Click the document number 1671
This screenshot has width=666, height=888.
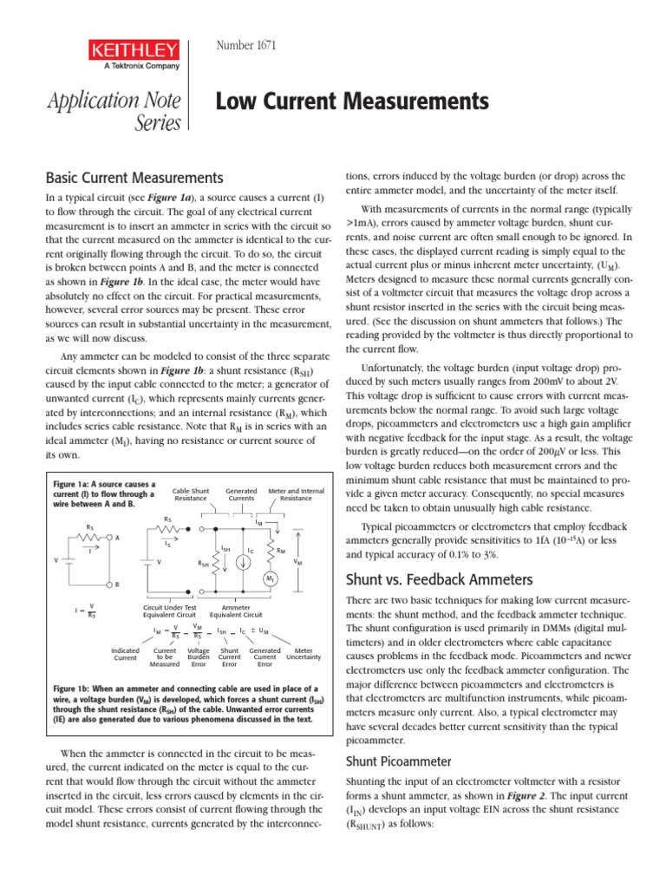(x=245, y=46)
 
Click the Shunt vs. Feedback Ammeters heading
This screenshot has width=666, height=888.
(x=427, y=578)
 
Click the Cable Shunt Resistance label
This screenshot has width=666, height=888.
(x=190, y=495)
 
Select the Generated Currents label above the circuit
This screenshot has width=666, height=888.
(x=241, y=495)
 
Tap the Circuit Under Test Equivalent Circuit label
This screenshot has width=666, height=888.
(x=165, y=611)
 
